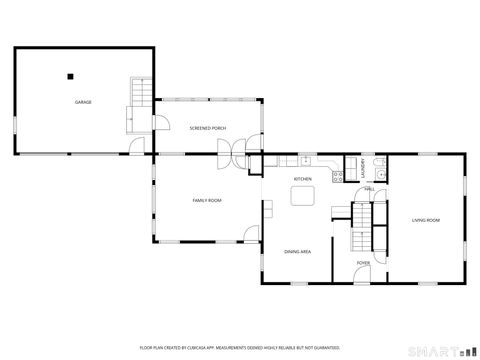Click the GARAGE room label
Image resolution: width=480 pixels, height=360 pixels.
tap(83, 102)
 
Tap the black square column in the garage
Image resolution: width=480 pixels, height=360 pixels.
tap(71, 75)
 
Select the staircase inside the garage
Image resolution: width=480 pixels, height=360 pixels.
tap(138, 106)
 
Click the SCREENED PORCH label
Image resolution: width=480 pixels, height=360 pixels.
tap(207, 129)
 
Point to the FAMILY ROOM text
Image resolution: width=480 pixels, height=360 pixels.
tap(207, 201)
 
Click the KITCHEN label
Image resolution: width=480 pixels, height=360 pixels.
tap(302, 179)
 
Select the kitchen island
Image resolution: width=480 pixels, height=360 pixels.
tap(302, 197)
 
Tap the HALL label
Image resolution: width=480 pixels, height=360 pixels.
tap(369, 189)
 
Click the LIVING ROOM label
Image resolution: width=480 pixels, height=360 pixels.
tap(426, 220)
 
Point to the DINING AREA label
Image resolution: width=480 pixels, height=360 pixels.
tap(298, 252)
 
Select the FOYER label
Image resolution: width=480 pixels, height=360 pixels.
tap(362, 264)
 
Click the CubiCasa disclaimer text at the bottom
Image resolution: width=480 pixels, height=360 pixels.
tap(239, 347)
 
